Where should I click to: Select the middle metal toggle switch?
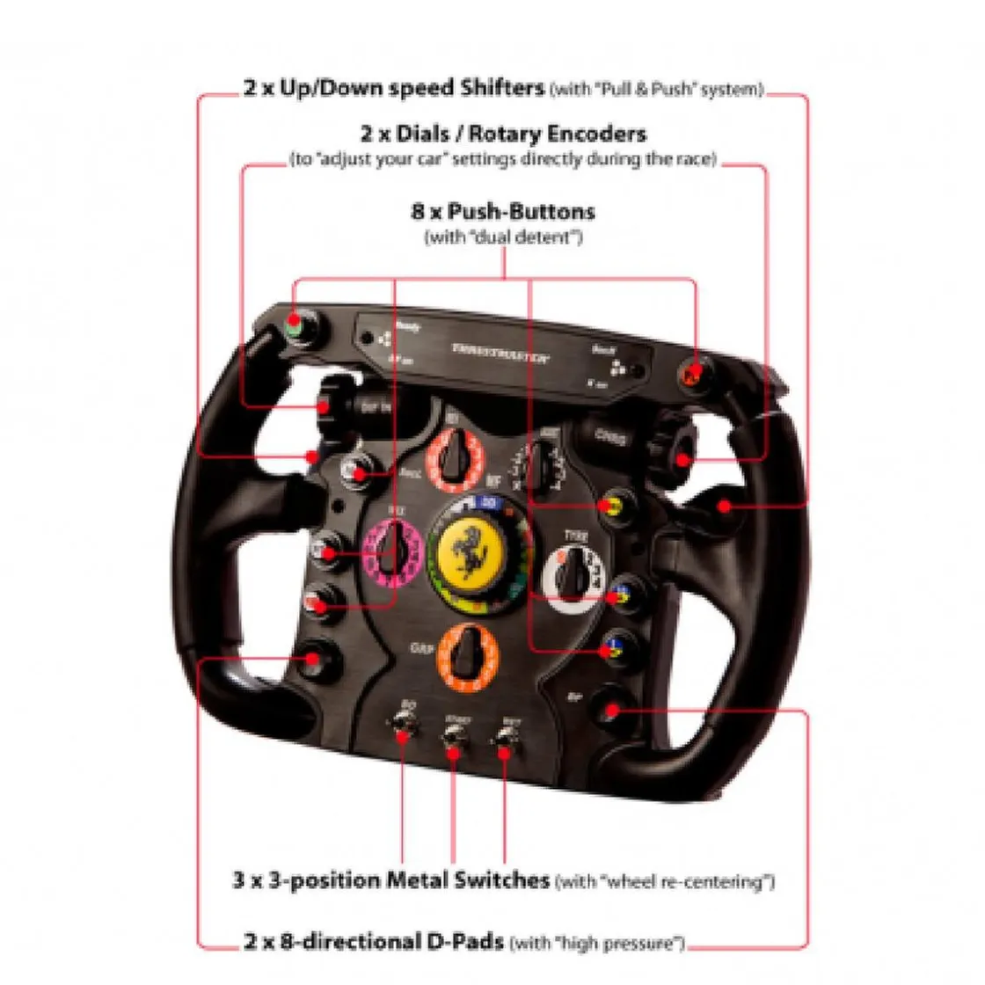pyautogui.click(x=454, y=736)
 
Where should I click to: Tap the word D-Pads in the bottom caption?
pyautogui.click(x=464, y=942)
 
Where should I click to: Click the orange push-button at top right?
pyautogui.click(x=692, y=374)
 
